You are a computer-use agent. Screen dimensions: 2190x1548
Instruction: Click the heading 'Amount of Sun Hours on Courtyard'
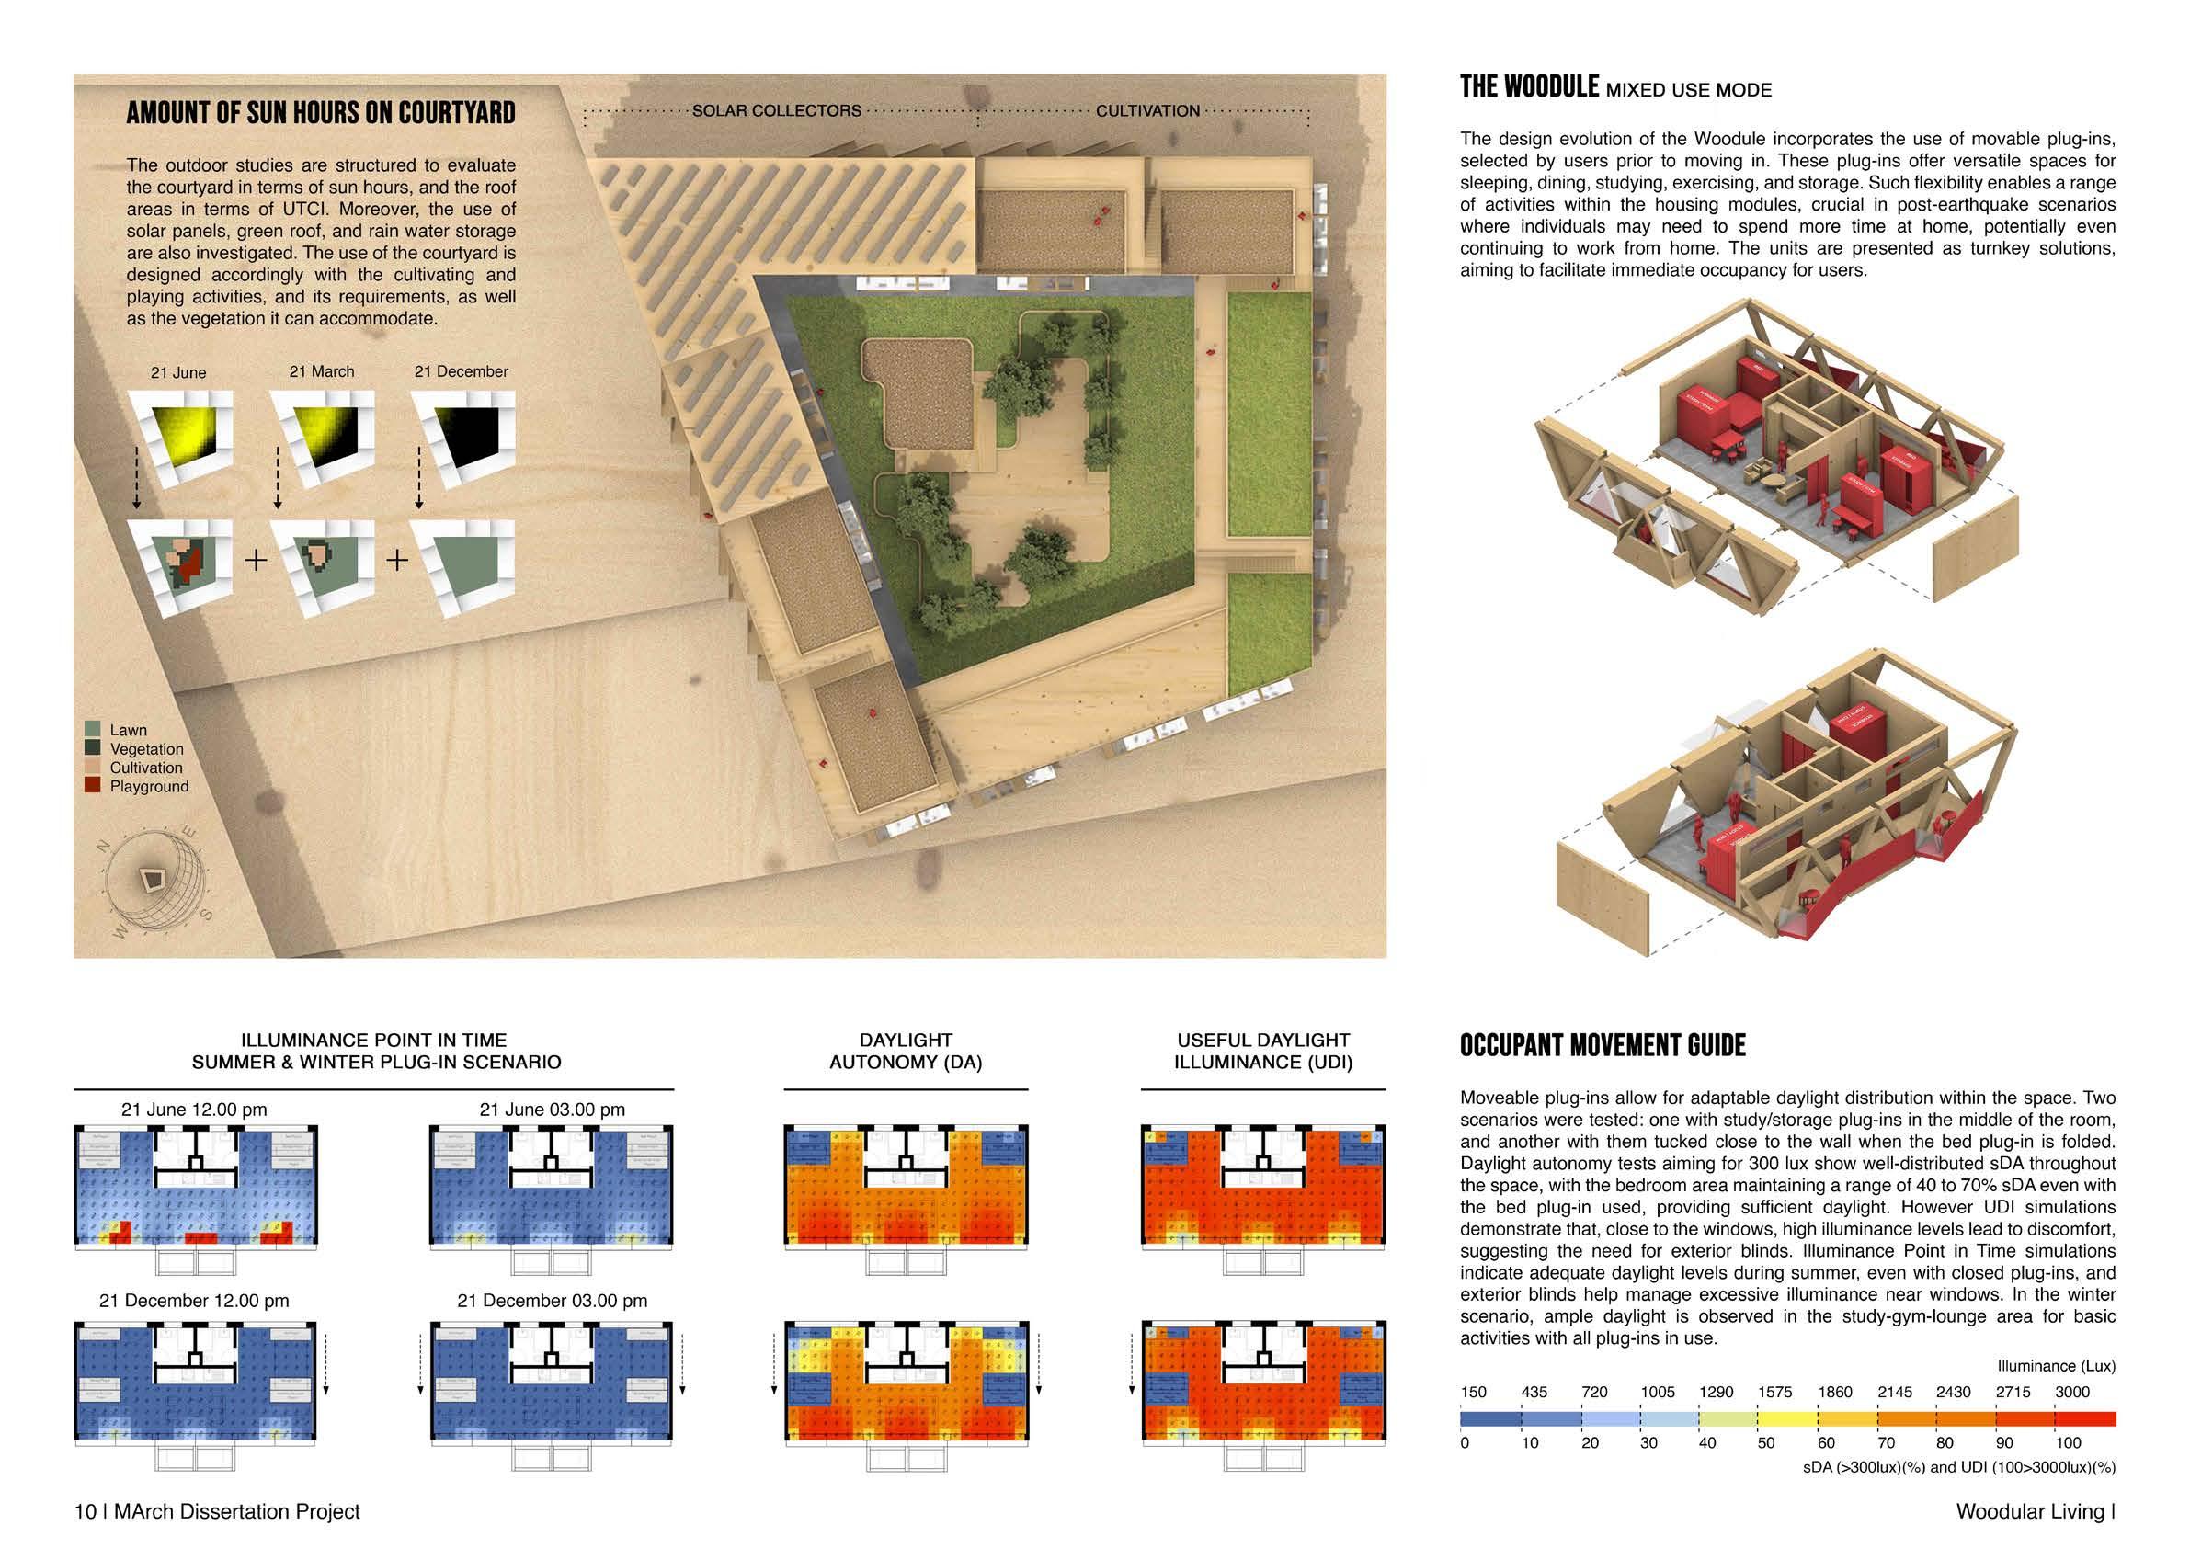click(x=321, y=112)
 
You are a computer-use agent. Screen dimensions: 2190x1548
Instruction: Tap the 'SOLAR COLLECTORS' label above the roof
click(x=775, y=110)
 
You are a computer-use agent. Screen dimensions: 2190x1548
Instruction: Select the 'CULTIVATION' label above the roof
click(x=1147, y=110)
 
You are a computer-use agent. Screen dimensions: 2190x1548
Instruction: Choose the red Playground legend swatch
click(x=93, y=786)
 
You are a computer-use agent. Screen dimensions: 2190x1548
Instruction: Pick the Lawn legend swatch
click(x=93, y=730)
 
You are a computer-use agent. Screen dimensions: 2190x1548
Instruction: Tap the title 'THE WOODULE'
click(x=1529, y=87)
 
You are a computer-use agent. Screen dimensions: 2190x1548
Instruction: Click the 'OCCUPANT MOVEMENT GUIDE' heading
click(x=1603, y=1045)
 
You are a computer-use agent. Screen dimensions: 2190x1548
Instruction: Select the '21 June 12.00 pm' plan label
click(x=194, y=1110)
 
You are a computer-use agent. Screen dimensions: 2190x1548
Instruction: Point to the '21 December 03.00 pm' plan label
click(x=553, y=1301)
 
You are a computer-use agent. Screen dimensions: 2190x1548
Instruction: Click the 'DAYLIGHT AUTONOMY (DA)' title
click(x=906, y=1051)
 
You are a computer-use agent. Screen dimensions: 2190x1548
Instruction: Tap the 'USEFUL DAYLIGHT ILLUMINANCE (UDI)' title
click(x=1263, y=1051)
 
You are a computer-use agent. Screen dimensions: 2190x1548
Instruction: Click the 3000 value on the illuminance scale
click(x=2071, y=1392)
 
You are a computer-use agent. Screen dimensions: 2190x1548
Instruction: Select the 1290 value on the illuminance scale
click(x=1716, y=1392)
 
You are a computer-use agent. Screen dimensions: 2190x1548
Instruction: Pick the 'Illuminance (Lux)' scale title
click(x=2056, y=1366)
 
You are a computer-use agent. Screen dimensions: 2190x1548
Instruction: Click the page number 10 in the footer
click(x=85, y=1512)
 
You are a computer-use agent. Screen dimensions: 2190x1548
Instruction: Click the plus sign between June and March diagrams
click(x=256, y=560)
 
